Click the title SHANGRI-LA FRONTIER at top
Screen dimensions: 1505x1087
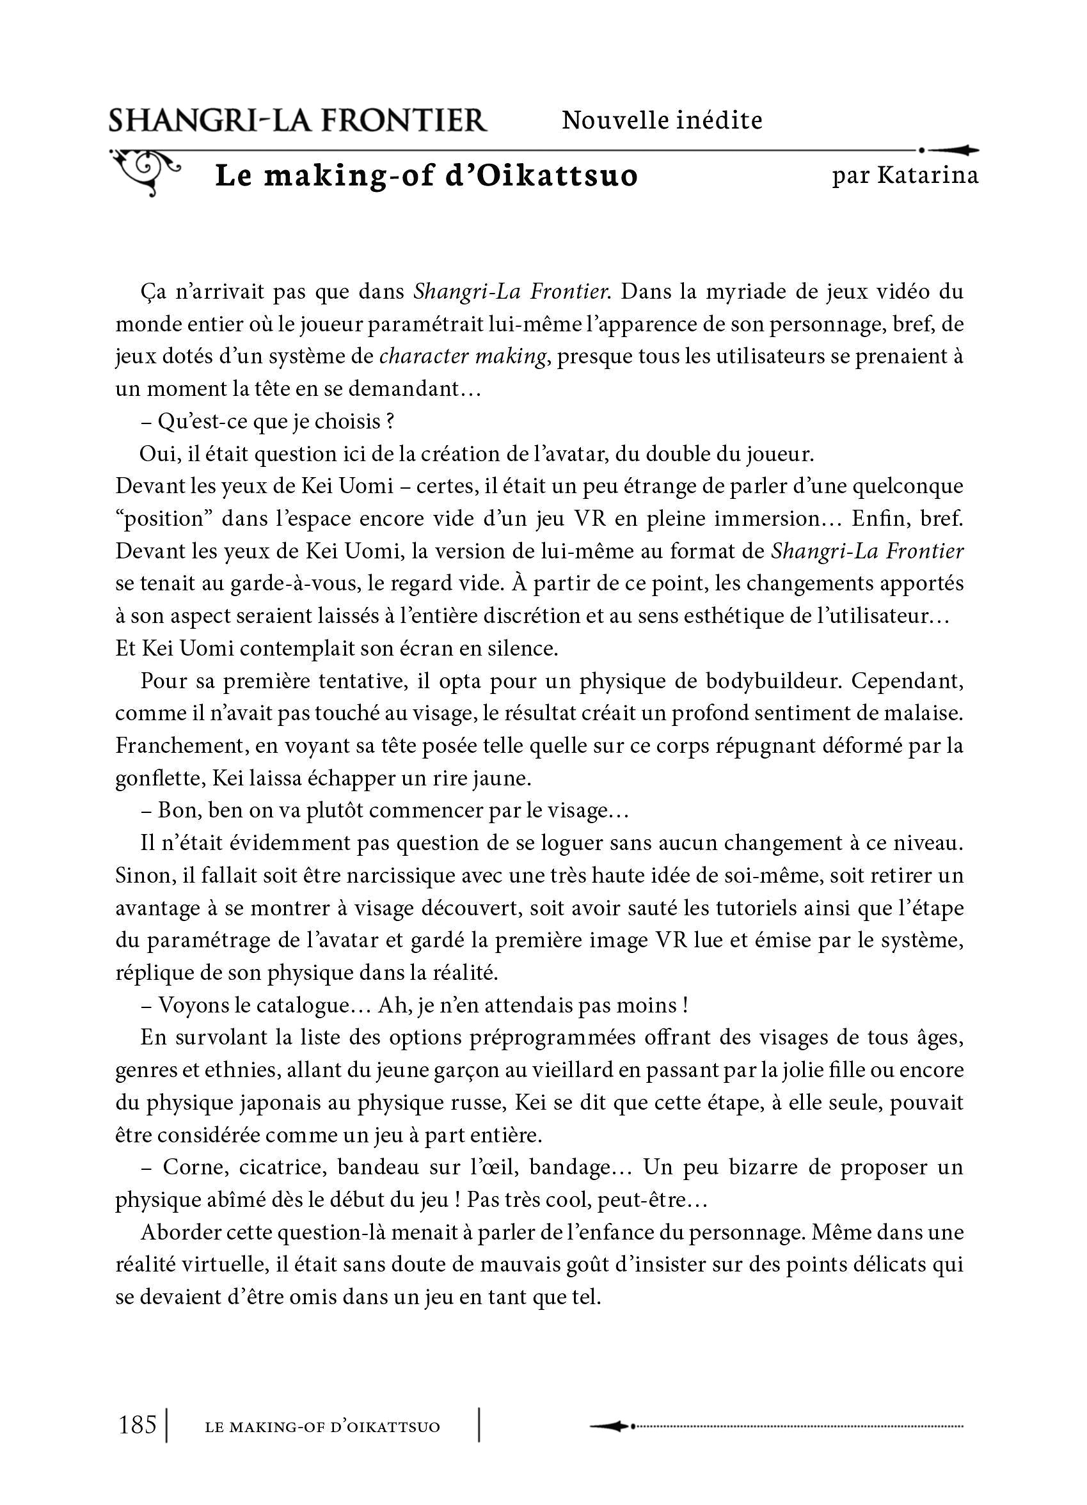(x=298, y=120)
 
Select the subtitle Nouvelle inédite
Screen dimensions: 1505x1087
(x=662, y=120)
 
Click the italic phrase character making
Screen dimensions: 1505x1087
(x=463, y=356)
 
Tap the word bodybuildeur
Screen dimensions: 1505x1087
(x=773, y=681)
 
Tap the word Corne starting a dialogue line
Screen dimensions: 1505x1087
(x=191, y=1167)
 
